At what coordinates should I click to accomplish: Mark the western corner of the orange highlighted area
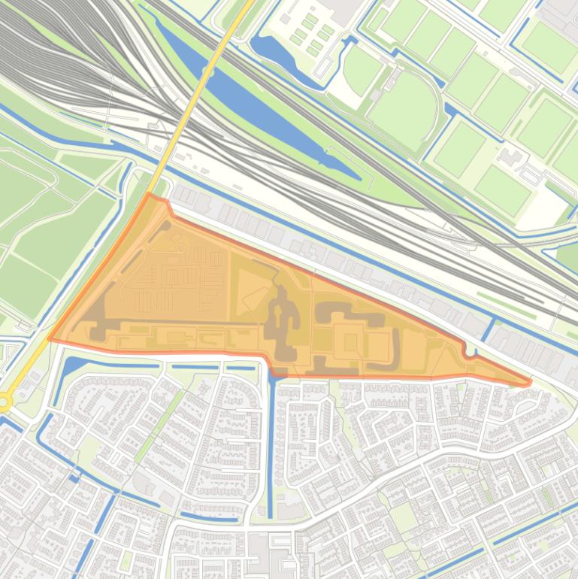[50, 338]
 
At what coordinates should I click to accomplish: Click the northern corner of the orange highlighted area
[150, 196]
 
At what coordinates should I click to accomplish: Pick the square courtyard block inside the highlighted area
[350, 343]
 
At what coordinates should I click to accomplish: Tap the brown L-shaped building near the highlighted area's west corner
[98, 316]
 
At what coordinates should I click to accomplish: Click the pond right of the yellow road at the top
[274, 49]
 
